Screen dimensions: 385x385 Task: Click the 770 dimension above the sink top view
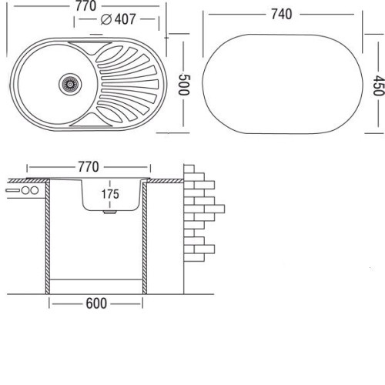(x=85, y=5)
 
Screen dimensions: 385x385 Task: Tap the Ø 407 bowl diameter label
(x=118, y=19)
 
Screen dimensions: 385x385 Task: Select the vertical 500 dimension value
(x=184, y=85)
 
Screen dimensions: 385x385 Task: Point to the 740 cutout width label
(x=282, y=14)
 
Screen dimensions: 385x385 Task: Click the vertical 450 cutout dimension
(x=379, y=85)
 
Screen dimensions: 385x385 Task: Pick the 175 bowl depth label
(x=110, y=194)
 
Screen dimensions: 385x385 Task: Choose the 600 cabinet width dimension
(x=96, y=303)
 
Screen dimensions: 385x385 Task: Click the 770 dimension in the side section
(x=89, y=167)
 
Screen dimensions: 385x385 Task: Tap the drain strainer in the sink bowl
(x=70, y=84)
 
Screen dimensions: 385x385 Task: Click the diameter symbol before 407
(x=106, y=19)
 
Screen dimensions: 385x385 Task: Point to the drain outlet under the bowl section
(x=110, y=213)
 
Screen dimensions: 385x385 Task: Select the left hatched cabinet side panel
(x=48, y=237)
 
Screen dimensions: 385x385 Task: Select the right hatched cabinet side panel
(x=145, y=237)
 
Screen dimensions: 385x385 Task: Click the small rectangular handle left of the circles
(x=12, y=190)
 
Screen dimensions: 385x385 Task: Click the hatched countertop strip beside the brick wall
(x=166, y=181)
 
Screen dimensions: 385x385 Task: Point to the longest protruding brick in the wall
(x=214, y=209)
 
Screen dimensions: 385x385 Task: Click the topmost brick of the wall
(x=189, y=169)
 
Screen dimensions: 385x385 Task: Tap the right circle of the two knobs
(x=34, y=190)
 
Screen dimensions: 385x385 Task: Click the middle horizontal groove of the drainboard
(x=130, y=84)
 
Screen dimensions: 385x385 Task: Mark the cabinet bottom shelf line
(x=95, y=279)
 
